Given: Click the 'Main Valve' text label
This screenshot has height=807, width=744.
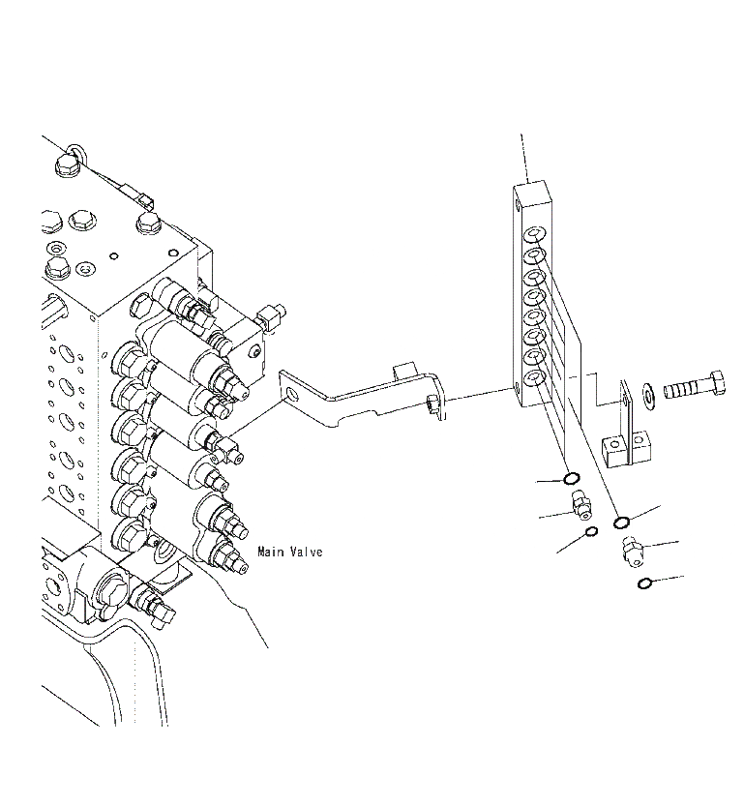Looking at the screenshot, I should (289, 553).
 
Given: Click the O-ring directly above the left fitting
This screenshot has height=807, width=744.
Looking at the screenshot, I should (571, 479).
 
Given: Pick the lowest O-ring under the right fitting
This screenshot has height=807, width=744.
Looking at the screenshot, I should (644, 583).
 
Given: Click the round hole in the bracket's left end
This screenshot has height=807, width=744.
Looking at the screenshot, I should (291, 394).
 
